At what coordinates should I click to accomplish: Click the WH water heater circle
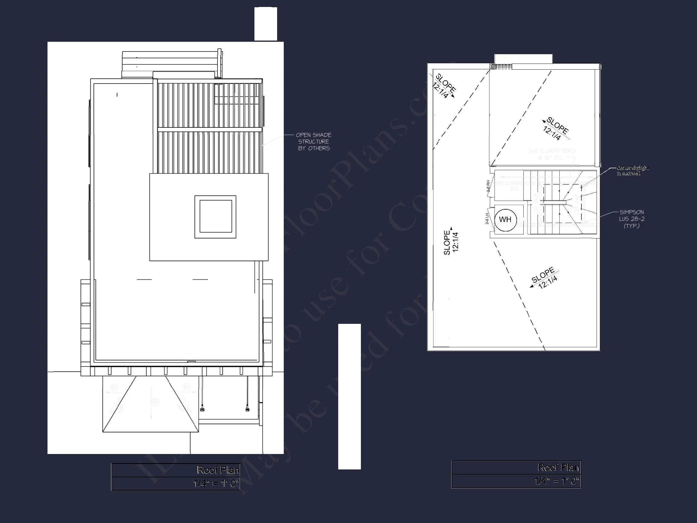505,219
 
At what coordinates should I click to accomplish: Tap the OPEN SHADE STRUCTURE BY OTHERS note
313,142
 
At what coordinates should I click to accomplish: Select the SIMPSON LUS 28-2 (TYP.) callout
631,219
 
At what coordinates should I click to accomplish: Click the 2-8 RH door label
488,186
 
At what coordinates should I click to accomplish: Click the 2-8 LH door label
487,219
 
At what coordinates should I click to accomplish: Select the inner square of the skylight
215,216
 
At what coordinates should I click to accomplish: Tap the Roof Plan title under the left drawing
218,470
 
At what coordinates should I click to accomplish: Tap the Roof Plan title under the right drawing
558,468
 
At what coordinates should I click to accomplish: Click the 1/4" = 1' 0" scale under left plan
216,484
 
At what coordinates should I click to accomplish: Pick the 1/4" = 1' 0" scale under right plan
557,481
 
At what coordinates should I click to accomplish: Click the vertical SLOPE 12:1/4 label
451,242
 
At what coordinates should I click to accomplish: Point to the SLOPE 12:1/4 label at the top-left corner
444,86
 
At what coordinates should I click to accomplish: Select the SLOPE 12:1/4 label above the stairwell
555,129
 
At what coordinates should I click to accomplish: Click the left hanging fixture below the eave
202,410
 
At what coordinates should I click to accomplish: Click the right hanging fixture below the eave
247,410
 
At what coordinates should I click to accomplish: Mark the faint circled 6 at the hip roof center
156,402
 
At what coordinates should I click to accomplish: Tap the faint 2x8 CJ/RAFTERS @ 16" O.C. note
551,154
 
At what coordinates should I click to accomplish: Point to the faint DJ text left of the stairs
514,189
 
